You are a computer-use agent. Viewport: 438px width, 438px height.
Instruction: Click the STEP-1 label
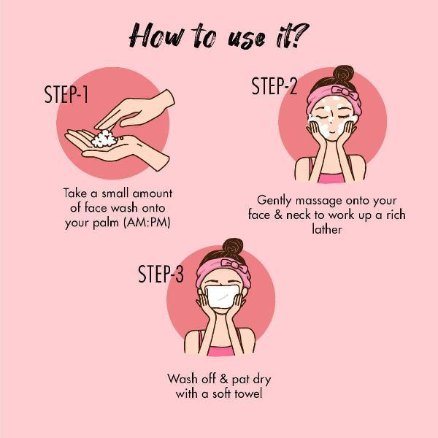(66, 94)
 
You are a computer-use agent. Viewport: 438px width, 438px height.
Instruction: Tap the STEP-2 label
(274, 86)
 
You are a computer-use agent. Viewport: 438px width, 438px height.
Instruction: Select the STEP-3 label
(161, 274)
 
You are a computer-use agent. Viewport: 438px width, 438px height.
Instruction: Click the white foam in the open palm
(104, 139)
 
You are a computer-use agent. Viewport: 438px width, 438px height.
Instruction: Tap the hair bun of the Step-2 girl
(343, 74)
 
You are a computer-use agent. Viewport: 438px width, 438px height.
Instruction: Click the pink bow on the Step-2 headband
(345, 92)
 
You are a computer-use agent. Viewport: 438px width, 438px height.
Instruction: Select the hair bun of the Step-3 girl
(233, 247)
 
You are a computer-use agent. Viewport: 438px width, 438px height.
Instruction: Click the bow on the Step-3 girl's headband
(234, 265)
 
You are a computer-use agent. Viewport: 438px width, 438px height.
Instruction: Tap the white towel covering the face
(222, 296)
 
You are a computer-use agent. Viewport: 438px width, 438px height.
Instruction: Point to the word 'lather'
(327, 229)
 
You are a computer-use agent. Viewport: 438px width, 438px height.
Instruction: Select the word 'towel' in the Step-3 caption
(248, 393)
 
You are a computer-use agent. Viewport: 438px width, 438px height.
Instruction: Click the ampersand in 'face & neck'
(278, 215)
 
